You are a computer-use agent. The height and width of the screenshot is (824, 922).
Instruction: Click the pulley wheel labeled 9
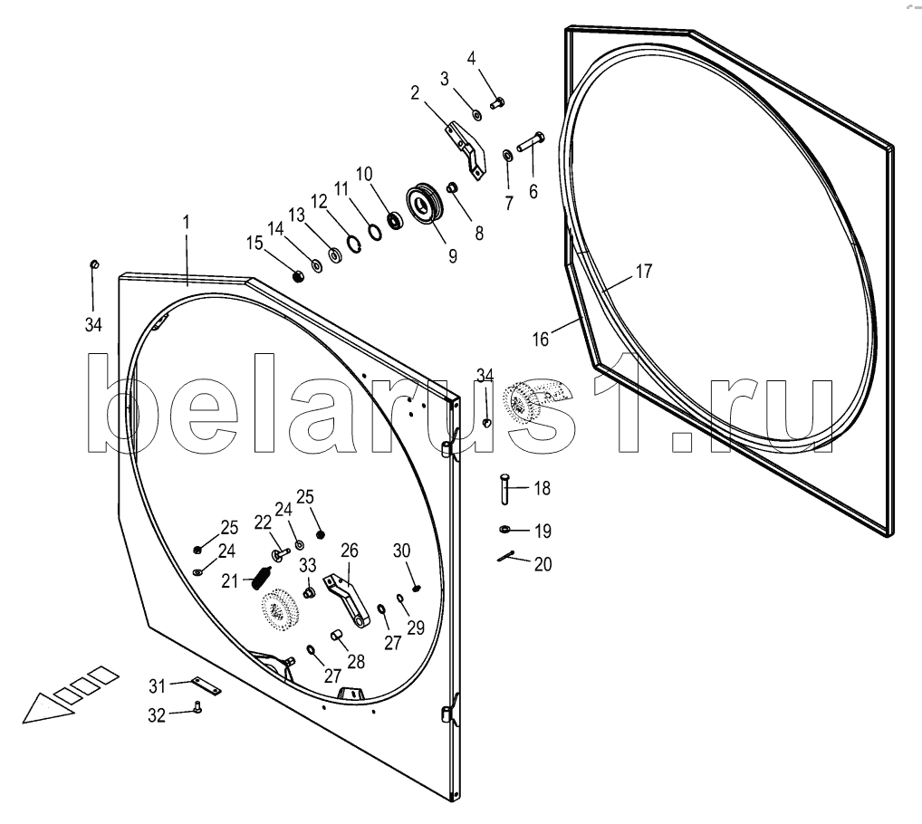423,204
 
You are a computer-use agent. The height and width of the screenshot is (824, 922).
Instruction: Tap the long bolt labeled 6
530,142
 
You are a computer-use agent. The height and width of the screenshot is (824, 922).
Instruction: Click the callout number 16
540,340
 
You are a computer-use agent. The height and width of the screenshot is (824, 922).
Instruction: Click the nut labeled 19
504,530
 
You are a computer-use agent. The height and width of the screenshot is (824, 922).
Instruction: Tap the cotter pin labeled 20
506,558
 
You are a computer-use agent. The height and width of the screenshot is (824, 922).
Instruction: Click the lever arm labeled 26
351,600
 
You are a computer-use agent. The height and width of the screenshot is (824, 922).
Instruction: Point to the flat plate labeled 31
205,687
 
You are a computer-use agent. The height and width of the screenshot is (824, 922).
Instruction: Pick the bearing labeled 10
394,219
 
